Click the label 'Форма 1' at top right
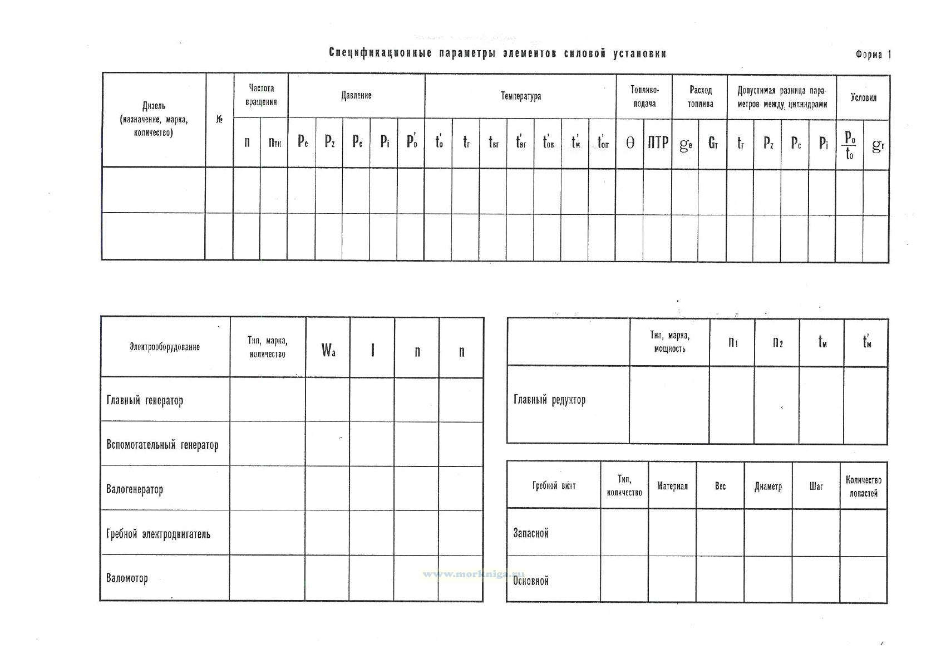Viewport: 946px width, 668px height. click(x=873, y=55)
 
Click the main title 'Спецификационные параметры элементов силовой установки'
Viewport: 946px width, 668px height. click(x=497, y=53)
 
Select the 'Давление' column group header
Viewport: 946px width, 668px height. click(x=356, y=96)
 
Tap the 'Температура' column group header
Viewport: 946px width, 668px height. click(x=520, y=96)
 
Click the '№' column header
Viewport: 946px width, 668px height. click(x=219, y=120)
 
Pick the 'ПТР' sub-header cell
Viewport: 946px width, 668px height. click(x=657, y=143)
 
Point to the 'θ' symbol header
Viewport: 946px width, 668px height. click(x=630, y=143)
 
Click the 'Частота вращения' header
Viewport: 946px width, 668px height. click(x=260, y=95)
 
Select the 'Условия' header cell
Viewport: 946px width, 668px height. click(x=863, y=98)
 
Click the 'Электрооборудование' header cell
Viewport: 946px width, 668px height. click(x=165, y=347)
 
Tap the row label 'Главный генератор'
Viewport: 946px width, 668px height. click(x=145, y=400)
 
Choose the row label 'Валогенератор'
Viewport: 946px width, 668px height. click(x=135, y=490)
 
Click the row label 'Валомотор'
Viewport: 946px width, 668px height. click(x=127, y=578)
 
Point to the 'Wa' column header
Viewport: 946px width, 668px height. click(x=328, y=351)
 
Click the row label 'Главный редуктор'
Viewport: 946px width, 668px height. click(x=549, y=400)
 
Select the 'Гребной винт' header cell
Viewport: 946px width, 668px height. click(x=554, y=485)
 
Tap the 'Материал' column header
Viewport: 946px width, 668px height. click(x=672, y=486)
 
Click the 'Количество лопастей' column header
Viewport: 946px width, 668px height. click(x=863, y=487)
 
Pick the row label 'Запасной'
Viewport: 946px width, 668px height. click(x=531, y=533)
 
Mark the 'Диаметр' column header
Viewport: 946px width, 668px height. click(x=768, y=487)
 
